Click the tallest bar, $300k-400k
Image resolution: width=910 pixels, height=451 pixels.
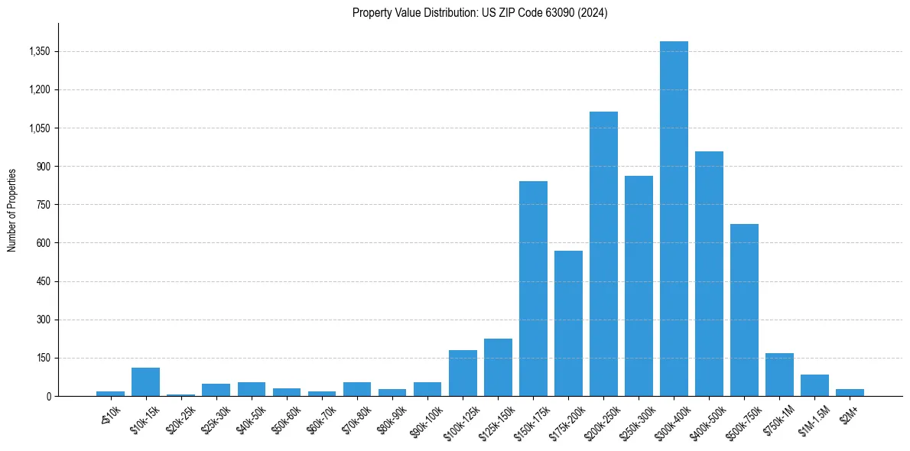tap(674, 219)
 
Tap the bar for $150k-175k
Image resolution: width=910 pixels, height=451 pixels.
tap(533, 289)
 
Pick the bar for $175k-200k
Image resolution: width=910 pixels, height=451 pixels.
tap(568, 323)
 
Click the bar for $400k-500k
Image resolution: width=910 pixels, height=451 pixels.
tap(709, 274)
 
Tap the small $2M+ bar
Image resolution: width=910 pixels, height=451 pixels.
tap(850, 392)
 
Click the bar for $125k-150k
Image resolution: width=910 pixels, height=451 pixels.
tap(498, 367)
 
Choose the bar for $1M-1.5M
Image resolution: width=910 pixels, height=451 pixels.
tap(814, 385)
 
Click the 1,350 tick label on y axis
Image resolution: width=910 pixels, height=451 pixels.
tap(37, 51)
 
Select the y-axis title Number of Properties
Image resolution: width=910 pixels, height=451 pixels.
tap(12, 209)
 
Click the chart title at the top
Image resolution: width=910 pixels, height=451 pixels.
tap(479, 12)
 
